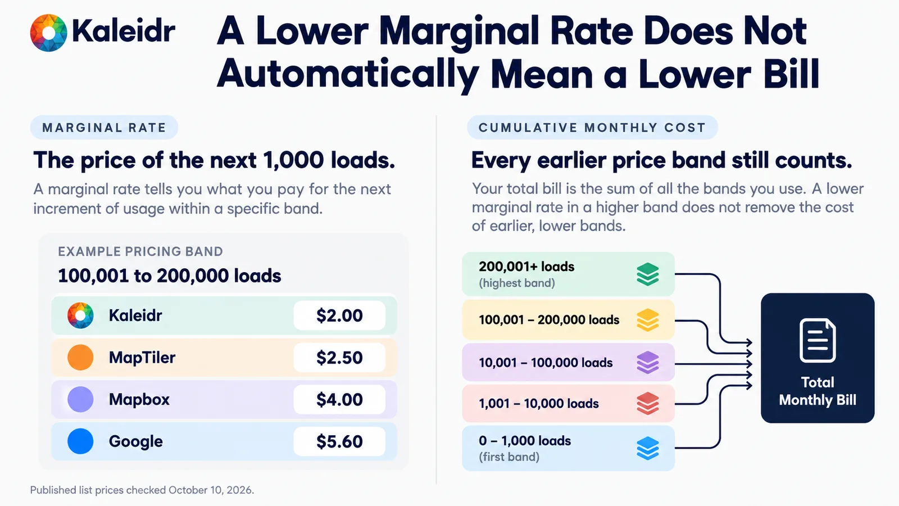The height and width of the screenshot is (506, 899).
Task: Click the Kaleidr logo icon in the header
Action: coord(48,33)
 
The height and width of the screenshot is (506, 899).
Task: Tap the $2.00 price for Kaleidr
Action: coord(339,315)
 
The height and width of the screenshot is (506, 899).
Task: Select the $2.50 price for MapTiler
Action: coord(339,358)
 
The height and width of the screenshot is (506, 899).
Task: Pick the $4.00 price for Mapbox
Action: coord(339,400)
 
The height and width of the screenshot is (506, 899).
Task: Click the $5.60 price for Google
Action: coord(339,441)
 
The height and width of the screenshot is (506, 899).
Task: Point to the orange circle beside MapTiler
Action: coord(80,358)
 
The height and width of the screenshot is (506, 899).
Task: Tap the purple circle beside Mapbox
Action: coord(80,400)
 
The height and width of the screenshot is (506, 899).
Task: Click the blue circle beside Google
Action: coord(80,441)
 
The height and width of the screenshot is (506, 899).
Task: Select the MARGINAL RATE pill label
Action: coord(104,128)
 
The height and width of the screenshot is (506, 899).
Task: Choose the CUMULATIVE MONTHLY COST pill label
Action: coord(592,128)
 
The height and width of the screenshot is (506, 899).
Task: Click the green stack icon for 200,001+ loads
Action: coord(648,274)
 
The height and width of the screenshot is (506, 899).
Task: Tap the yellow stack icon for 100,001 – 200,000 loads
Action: coord(648,320)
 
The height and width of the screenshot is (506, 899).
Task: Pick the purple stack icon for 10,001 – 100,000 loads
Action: coord(648,363)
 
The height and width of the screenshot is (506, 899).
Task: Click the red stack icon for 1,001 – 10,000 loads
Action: coord(648,404)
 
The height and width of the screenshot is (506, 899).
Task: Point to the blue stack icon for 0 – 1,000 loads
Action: coord(648,448)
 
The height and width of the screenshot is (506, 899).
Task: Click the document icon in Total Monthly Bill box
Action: coord(818,341)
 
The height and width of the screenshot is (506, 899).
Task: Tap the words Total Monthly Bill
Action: coord(818,391)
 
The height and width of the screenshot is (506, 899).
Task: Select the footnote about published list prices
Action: coord(142,490)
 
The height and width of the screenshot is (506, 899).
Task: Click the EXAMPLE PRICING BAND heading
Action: coord(140,251)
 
